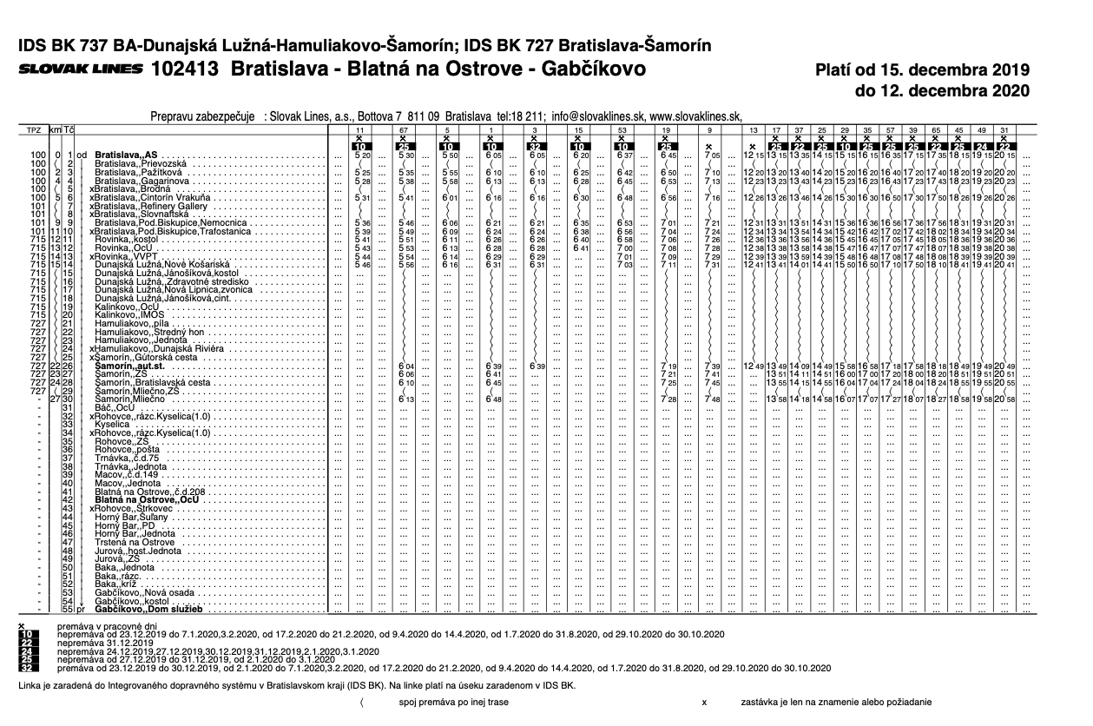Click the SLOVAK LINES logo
click(78, 68)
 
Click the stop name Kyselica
click(113, 424)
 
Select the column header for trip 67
click(404, 129)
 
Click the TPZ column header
click(34, 129)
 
